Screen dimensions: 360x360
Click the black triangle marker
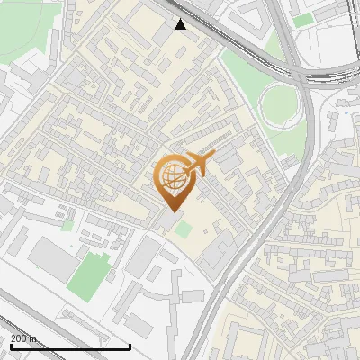pyautogui.click(x=181, y=24)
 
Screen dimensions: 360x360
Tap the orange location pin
pyautogui.click(x=173, y=184)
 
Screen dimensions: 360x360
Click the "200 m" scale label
pyautogui.click(x=24, y=338)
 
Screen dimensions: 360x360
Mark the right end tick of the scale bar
pyautogui.click(x=130, y=345)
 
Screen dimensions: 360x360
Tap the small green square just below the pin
pyautogui.click(x=184, y=229)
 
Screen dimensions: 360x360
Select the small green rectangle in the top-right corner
pyautogui.click(x=304, y=19)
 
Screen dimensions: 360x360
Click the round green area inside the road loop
pyautogui.click(x=281, y=107)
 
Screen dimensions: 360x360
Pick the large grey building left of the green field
pyautogui.click(x=51, y=259)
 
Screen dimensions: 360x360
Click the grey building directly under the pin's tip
pyautogui.click(x=169, y=220)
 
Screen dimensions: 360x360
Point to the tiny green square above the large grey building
pyautogui.click(x=67, y=226)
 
